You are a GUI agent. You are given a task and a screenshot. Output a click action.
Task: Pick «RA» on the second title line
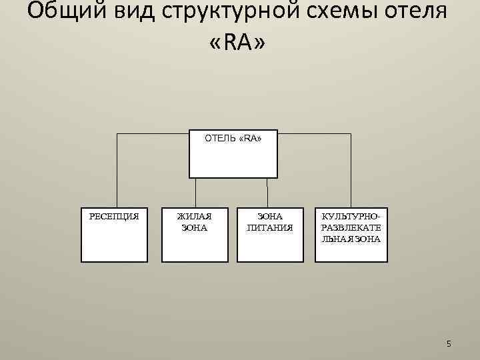(x=238, y=44)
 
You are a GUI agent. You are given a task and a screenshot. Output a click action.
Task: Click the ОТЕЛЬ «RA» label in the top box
(x=233, y=139)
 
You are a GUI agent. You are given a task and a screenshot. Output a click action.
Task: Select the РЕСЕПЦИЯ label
(x=114, y=216)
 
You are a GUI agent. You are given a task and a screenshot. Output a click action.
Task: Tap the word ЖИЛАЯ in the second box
(x=194, y=216)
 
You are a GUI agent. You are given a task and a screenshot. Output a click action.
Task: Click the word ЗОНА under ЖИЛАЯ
(x=194, y=227)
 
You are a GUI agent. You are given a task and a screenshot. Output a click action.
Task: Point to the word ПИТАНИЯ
(x=270, y=227)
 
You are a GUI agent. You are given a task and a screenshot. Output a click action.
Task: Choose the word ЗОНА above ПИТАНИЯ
(x=270, y=216)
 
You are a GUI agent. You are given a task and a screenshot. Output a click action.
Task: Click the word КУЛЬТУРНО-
(x=351, y=216)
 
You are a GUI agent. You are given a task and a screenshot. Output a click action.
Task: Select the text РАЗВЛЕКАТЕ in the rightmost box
(x=351, y=227)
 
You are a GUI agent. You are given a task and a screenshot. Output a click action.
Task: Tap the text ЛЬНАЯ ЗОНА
(x=351, y=239)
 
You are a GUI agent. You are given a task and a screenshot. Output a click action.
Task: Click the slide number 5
(x=449, y=343)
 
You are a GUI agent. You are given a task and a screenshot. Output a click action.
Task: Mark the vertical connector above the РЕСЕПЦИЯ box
(x=117, y=170)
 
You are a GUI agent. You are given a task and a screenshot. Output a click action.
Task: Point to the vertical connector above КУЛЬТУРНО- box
(x=351, y=170)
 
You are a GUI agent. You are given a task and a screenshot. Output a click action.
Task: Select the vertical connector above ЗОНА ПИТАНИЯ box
(x=267, y=193)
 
